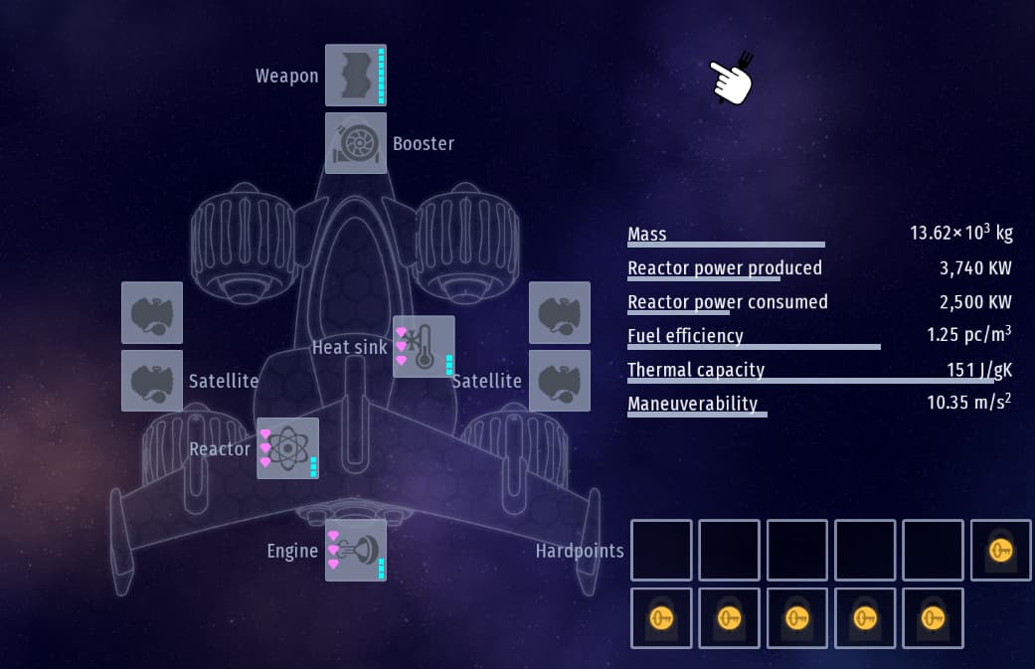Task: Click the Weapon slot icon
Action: pos(355,75)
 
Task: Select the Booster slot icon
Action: pos(355,143)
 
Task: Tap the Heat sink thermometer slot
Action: pos(424,347)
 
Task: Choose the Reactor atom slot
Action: pos(287,448)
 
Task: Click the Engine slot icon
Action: pos(355,550)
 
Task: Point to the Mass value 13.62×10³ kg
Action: pos(960,235)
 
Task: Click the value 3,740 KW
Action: pos(975,268)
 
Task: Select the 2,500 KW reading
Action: pos(975,302)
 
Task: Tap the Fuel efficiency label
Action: pos(685,336)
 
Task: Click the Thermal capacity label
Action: pos(696,370)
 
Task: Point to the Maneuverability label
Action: pos(692,404)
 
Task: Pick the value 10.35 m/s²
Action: pos(969,403)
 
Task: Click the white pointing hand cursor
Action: pos(731,80)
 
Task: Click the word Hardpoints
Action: pos(580,551)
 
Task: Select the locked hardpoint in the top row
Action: pos(1000,550)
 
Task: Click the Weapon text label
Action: pos(286,77)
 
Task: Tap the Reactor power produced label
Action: pos(725,268)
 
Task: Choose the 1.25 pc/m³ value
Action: pos(969,335)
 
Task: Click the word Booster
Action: pos(424,144)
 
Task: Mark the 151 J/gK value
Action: pos(978,371)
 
